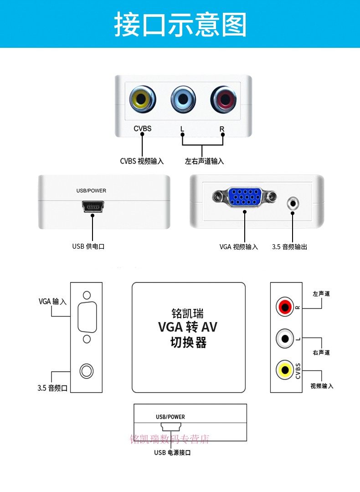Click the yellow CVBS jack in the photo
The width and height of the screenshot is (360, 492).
click(143, 99)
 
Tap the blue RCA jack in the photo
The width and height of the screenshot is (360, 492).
click(183, 99)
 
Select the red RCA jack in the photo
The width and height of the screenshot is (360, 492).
click(224, 99)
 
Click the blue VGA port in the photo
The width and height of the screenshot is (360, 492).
click(245, 196)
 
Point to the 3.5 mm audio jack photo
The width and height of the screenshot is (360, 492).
click(293, 204)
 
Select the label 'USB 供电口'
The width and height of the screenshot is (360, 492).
click(88, 246)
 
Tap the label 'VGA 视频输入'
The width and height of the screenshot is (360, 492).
click(238, 247)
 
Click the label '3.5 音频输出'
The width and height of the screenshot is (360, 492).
click(289, 247)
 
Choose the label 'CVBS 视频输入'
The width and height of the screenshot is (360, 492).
click(142, 161)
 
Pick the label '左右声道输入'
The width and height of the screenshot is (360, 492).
click(204, 161)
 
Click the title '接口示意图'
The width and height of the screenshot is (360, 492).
click(180, 24)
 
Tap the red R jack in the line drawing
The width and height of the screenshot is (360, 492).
click(285, 307)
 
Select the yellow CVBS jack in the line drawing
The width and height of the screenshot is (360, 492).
click(285, 370)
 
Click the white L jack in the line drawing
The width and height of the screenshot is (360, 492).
click(285, 338)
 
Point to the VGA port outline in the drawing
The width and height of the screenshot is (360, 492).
click(87, 317)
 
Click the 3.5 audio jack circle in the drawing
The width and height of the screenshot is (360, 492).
click(87, 371)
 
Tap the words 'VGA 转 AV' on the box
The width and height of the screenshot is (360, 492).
click(188, 327)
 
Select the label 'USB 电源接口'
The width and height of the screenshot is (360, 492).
click(172, 452)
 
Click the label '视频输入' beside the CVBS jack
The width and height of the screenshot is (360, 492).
click(322, 386)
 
